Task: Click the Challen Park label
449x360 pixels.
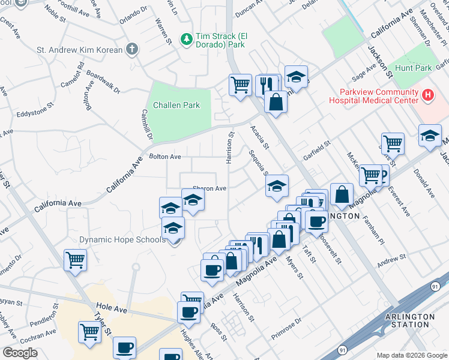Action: [176, 105]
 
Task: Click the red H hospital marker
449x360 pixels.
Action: [427, 94]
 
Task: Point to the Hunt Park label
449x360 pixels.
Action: [414, 68]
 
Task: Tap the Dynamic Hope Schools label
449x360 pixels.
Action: [122, 240]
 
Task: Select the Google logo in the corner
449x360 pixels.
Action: [20, 352]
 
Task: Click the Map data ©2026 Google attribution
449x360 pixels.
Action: [411, 355]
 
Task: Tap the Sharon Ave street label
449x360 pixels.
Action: [209, 188]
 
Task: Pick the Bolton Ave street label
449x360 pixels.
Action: [165, 157]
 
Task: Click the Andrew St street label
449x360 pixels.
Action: [391, 259]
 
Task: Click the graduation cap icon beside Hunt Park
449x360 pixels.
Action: [430, 135]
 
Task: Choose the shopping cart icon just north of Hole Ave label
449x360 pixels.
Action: [75, 260]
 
